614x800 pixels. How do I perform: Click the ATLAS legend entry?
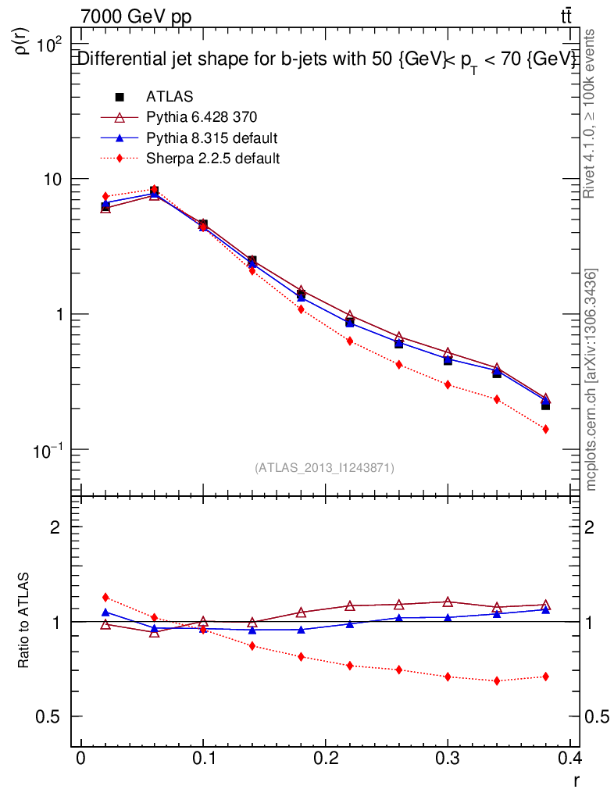[x=170, y=97]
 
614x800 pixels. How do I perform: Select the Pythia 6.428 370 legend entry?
[x=202, y=117]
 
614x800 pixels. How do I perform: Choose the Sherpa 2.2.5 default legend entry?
[x=212, y=158]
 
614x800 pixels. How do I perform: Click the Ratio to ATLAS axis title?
[x=24, y=621]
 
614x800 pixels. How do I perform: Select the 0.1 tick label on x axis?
[x=203, y=758]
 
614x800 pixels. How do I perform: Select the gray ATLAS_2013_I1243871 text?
[x=324, y=468]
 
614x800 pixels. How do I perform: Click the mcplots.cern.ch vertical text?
[x=591, y=380]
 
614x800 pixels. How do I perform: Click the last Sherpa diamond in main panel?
[x=545, y=429]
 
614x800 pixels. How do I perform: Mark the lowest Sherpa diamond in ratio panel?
[x=497, y=680]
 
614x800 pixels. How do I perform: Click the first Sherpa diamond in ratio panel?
[x=105, y=598]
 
